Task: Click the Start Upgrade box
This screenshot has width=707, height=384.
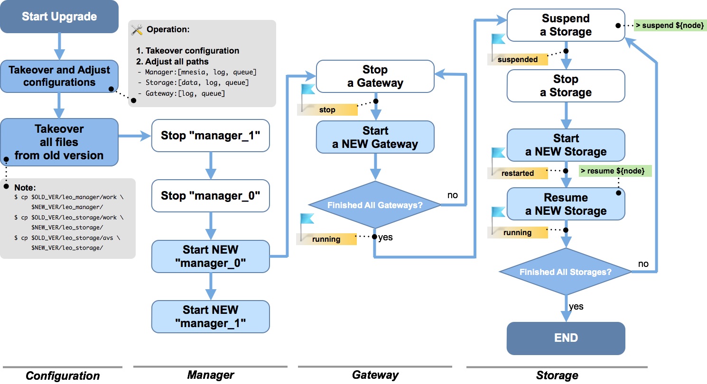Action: click(59, 17)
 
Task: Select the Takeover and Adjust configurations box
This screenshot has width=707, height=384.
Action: click(59, 76)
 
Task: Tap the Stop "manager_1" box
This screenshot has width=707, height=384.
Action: click(210, 136)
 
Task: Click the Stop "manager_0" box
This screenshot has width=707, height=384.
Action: click(210, 195)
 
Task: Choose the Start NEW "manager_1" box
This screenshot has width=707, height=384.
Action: click(210, 316)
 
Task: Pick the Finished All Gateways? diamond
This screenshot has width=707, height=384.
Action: click(375, 205)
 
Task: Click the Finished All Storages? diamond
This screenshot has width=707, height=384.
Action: click(566, 272)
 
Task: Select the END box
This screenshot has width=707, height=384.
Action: click(566, 338)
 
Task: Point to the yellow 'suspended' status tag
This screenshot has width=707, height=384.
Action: click(518, 59)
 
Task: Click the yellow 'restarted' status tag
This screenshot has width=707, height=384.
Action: click(518, 173)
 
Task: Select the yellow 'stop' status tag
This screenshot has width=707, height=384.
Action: click(327, 110)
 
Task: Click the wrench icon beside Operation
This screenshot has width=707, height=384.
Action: click(137, 29)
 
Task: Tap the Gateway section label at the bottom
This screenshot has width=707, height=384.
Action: click(375, 375)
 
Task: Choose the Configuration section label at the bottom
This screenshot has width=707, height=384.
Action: click(63, 376)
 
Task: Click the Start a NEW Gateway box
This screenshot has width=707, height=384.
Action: click(375, 137)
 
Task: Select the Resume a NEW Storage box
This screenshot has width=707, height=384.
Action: click(566, 204)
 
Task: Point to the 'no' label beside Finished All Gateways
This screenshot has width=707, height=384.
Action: click(452, 195)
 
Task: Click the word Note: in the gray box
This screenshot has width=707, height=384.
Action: click(25, 187)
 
